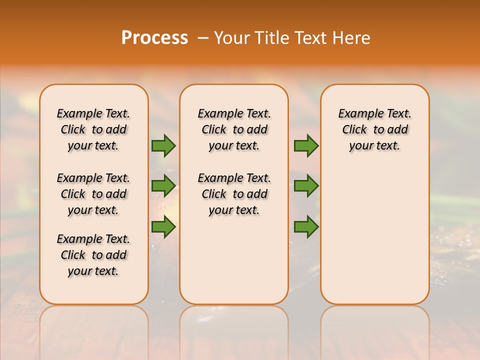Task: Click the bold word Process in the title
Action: click(154, 38)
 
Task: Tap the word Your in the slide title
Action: click(232, 38)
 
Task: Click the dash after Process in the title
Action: click(202, 38)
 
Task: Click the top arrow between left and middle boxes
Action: click(163, 146)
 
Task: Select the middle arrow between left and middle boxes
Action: click(163, 186)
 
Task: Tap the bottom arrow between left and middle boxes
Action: click(163, 227)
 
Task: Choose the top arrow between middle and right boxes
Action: click(306, 146)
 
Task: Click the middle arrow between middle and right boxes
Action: click(306, 186)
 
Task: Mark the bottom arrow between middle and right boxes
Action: click(306, 227)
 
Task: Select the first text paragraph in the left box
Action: click(93, 129)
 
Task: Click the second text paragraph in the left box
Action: click(93, 194)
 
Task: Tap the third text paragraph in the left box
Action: click(93, 255)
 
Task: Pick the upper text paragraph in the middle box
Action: click(234, 129)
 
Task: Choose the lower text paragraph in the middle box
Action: click(234, 194)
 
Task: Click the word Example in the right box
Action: click(358, 114)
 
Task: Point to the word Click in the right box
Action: click(354, 130)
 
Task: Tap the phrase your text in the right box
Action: click(374, 146)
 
